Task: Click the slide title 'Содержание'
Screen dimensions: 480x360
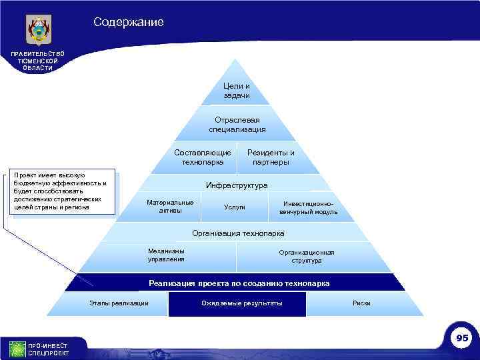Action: [129, 23]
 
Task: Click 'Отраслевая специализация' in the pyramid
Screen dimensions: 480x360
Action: [237, 125]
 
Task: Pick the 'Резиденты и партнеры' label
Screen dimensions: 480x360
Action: [271, 157]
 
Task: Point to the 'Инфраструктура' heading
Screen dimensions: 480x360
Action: [237, 185]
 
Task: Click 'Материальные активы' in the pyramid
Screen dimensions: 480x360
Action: [170, 207]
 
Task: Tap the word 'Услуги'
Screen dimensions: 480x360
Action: [235, 207]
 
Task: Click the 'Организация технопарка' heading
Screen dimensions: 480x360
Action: [238, 233]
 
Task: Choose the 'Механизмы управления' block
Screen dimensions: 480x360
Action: [167, 255]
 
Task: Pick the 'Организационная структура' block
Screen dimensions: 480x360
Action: [307, 257]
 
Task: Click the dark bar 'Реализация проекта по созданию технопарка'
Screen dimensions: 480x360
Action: [239, 283]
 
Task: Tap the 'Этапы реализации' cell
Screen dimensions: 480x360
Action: [119, 303]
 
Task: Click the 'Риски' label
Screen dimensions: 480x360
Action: [361, 303]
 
